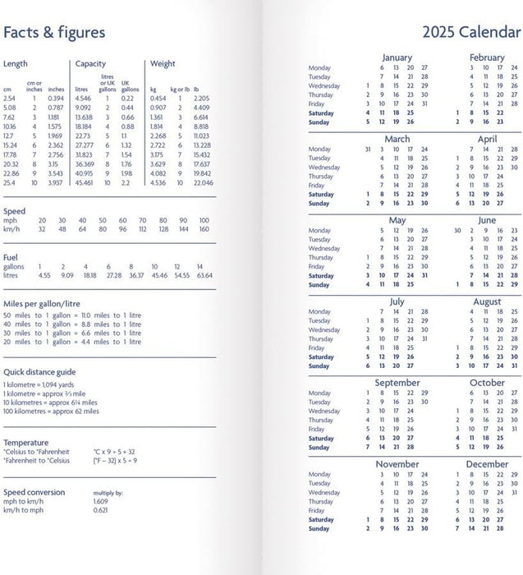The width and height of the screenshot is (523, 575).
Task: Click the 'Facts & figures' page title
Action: [54, 33]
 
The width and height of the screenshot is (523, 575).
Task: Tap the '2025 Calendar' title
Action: [471, 33]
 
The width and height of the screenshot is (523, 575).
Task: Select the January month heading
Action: [397, 57]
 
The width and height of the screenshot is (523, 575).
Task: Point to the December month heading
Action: [487, 465]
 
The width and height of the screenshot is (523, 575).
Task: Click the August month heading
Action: [487, 302]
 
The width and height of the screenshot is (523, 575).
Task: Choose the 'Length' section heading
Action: [16, 64]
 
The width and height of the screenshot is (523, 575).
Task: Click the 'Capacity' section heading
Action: [89, 64]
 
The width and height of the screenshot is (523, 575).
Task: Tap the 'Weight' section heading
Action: [163, 64]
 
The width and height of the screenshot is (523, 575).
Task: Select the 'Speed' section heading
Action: [14, 212]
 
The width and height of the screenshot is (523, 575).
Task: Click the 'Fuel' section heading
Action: [11, 257]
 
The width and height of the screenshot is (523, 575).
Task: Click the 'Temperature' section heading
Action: [25, 442]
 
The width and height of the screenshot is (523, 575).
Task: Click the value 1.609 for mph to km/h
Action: [101, 500]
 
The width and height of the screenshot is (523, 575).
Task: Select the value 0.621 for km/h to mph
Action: [101, 510]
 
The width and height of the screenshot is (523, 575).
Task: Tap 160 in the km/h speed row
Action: [204, 230]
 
